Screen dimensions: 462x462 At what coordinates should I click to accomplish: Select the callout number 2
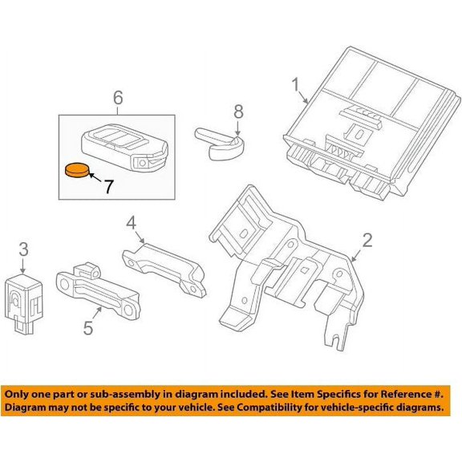[x=367, y=240]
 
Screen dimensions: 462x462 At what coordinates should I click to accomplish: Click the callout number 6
[x=117, y=98]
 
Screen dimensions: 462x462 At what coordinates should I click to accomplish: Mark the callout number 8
[x=237, y=112]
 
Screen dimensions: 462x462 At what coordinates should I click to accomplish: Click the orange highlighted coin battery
[x=76, y=170]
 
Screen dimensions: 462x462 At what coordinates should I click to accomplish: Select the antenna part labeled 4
[x=164, y=265]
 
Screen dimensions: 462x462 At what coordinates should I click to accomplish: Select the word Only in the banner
[x=19, y=395]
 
